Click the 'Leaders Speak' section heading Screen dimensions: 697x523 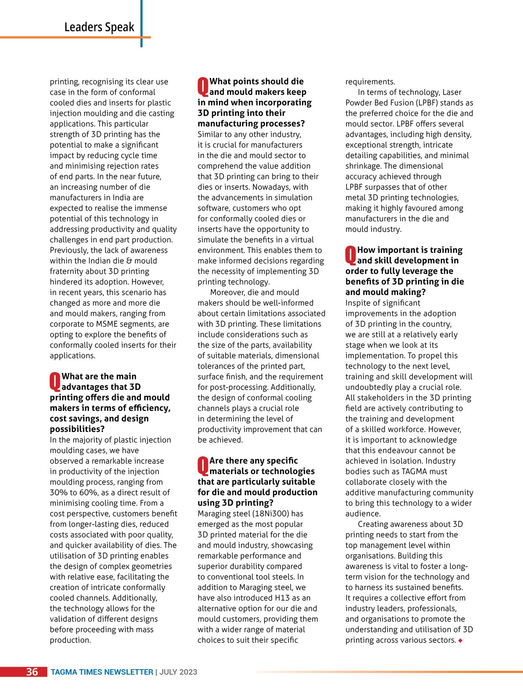pos(99,27)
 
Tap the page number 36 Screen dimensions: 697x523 pos(32,672)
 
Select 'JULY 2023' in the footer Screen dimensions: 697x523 pos(178,672)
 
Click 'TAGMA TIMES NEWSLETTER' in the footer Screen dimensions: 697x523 pos(102,672)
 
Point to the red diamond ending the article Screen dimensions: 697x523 pos(460,641)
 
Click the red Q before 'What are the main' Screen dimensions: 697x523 pos(55,381)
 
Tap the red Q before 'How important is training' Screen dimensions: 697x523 pos(351,255)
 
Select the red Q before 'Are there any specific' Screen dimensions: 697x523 pos(203,465)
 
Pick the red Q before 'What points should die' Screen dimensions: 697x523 pos(203,86)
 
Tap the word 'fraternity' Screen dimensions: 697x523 pos(67,271)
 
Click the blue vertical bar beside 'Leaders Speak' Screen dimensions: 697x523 pos(141,23)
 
